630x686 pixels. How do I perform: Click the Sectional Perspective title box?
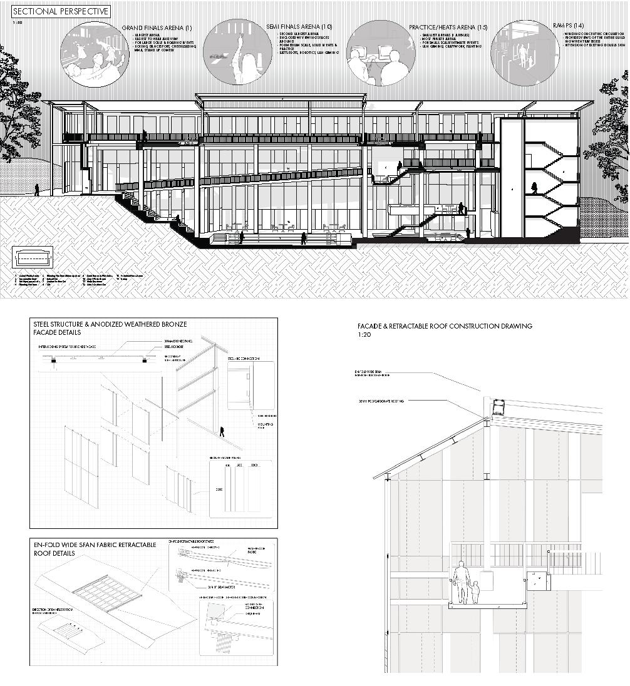(61, 11)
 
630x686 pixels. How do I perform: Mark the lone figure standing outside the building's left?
(36, 190)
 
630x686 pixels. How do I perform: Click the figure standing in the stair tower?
(535, 188)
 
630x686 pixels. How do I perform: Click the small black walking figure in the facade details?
(221, 431)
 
